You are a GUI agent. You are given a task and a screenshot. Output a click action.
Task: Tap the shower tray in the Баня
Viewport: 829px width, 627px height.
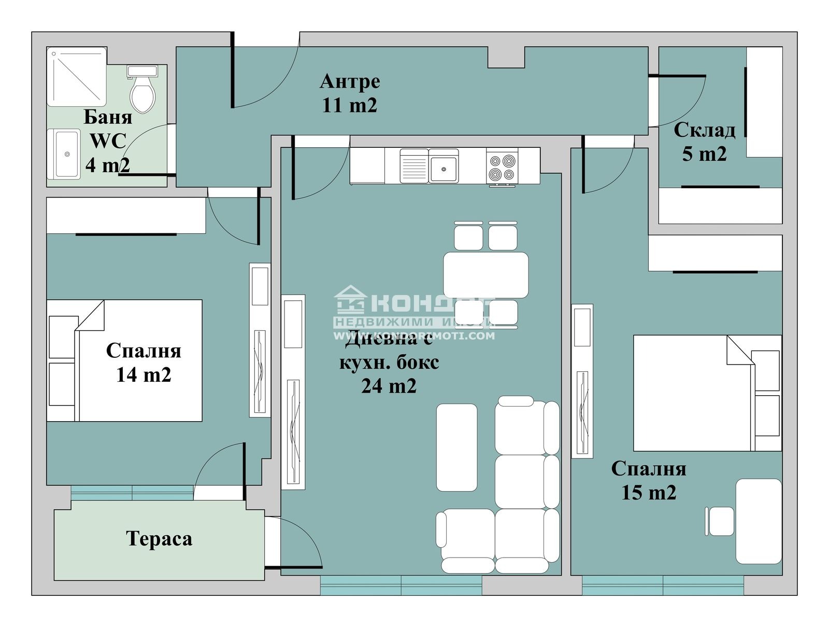77,77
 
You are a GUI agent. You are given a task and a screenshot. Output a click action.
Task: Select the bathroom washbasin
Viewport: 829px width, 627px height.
65,154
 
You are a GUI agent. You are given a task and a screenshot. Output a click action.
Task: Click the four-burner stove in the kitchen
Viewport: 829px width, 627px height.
503,167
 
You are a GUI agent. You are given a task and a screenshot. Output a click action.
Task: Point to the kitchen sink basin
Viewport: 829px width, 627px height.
444,169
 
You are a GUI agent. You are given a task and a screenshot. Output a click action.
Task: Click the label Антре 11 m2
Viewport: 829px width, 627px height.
350,93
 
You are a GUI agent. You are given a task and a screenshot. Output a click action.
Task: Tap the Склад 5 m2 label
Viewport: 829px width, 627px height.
704,142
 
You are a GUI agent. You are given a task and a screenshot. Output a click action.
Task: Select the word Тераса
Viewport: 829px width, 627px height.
159,539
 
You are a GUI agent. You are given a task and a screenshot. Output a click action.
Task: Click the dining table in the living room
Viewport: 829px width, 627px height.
485,275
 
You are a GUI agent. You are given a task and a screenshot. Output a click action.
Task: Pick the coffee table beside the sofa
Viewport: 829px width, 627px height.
456,447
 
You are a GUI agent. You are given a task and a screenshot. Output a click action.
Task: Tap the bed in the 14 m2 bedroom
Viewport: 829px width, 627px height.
139,360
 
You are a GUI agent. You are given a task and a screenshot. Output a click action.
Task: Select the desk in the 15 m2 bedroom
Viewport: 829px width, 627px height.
758,521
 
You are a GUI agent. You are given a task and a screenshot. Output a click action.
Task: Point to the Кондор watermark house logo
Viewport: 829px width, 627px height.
351,300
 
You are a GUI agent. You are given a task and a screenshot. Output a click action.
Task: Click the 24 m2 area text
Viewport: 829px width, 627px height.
389,386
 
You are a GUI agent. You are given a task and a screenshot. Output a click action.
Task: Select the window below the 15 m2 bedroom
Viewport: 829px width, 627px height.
663,585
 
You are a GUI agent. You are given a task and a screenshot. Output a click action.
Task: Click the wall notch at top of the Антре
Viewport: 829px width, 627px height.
506,57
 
